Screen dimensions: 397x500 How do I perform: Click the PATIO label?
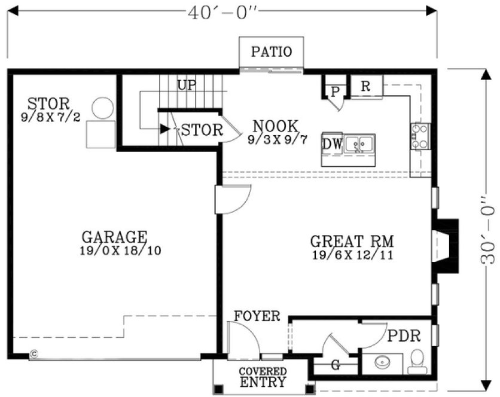[271, 52]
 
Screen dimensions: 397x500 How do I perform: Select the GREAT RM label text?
[352, 242]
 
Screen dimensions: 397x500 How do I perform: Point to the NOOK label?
[275, 126]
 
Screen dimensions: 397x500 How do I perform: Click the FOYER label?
[257, 316]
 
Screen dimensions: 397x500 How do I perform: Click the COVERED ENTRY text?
[263, 377]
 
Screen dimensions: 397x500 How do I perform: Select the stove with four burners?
[420, 135]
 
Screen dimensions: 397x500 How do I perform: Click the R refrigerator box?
[365, 86]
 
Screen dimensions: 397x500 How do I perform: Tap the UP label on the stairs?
[187, 85]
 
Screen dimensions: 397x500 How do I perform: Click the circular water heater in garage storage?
[103, 107]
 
